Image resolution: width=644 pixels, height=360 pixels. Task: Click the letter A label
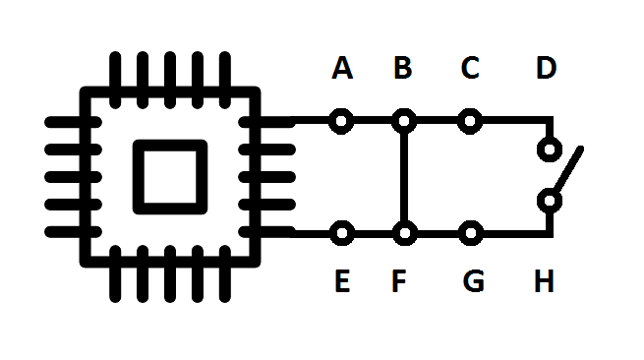342,69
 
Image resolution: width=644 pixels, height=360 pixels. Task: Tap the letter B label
403,69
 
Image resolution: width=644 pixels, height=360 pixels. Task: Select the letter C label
470,69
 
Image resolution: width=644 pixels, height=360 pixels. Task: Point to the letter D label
547,69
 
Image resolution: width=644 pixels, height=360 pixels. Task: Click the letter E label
342,282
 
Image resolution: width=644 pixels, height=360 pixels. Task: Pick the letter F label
399,282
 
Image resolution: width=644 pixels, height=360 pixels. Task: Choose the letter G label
473,282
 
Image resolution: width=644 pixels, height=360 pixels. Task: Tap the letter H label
545,282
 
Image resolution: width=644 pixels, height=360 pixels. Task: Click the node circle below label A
341,122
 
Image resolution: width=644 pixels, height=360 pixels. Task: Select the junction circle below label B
403,122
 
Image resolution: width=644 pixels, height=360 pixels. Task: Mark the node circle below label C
471,122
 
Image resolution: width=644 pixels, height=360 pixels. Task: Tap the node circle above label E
341,234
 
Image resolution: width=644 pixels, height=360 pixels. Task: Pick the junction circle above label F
403,234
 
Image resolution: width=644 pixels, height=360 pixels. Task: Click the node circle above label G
471,234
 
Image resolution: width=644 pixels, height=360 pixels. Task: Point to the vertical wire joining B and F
403,178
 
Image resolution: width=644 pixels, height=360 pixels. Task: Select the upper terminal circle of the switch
550,151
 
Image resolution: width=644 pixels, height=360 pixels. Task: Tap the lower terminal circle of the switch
550,202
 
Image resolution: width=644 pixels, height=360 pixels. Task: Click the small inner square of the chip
170,175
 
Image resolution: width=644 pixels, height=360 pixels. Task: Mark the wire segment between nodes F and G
437,234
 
